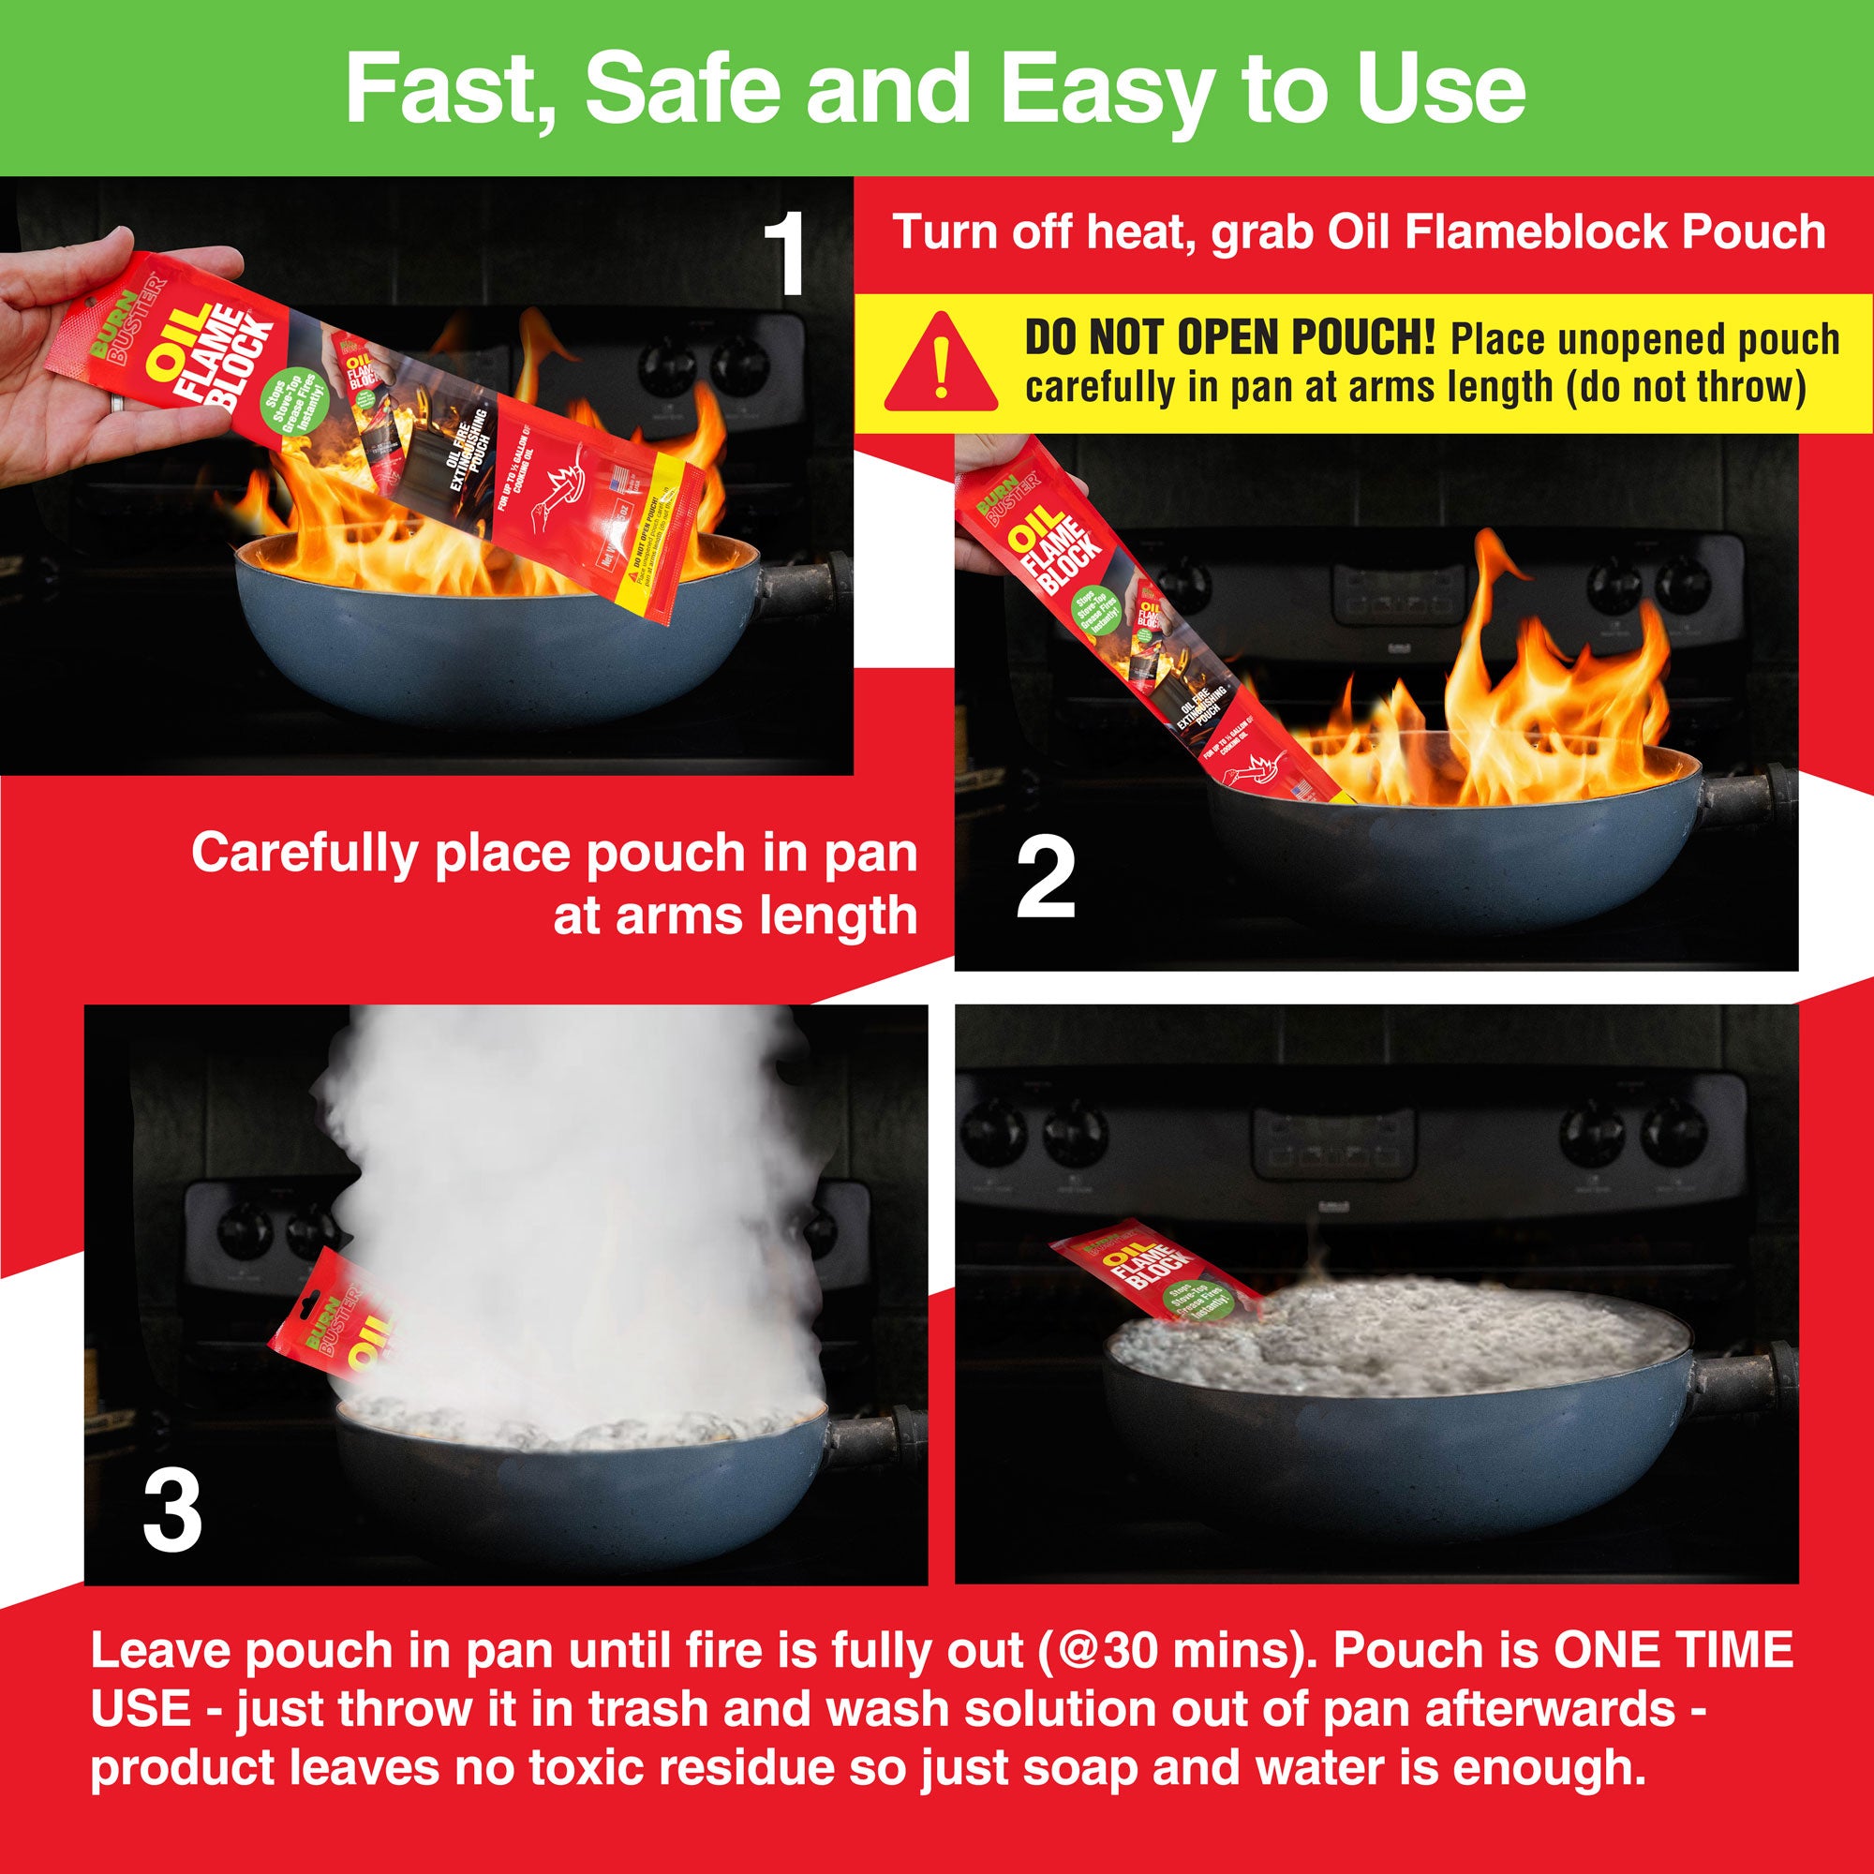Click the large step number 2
[x=1046, y=880]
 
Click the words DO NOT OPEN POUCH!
[x=1229, y=338]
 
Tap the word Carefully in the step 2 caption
[x=303, y=854]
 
